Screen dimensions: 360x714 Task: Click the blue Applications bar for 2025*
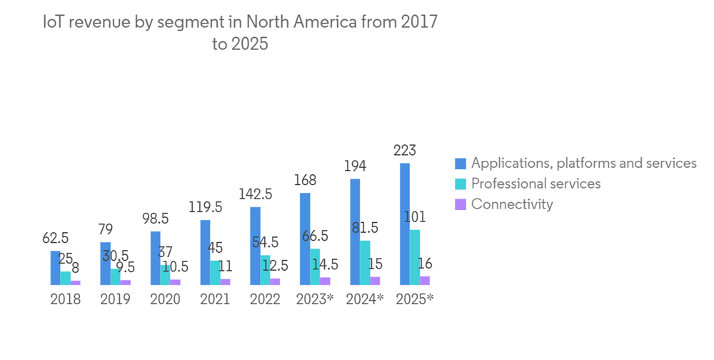click(405, 224)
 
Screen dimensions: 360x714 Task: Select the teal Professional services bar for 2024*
click(365, 262)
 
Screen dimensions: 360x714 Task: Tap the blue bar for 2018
click(56, 267)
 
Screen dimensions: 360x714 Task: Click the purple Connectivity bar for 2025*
click(425, 280)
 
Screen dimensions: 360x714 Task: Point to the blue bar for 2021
click(205, 251)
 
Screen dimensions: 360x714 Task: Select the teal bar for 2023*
click(315, 266)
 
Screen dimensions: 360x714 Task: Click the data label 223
click(404, 151)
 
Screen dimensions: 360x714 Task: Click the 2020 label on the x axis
click(165, 299)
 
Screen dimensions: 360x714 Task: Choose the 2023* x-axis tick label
click(315, 299)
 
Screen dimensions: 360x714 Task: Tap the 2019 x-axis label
click(115, 299)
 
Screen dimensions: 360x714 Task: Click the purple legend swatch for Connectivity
click(461, 204)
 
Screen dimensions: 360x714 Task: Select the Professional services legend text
click(535, 184)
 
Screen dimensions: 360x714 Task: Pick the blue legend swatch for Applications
click(461, 163)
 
